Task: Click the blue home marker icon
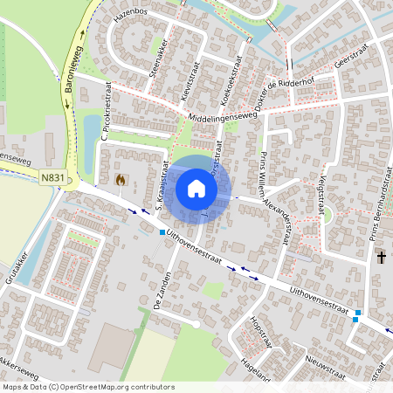click(196, 189)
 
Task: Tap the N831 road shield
click(52, 177)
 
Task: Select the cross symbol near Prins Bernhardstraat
click(381, 257)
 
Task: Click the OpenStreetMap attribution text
click(87, 387)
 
